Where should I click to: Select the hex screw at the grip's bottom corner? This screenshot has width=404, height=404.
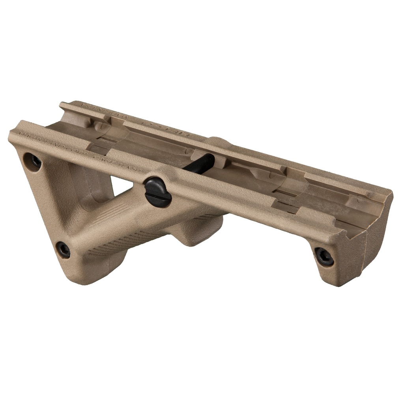click(x=63, y=249)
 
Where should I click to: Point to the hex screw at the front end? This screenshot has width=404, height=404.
click(x=324, y=256)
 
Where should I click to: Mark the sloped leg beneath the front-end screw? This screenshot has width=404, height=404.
click(x=339, y=276)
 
